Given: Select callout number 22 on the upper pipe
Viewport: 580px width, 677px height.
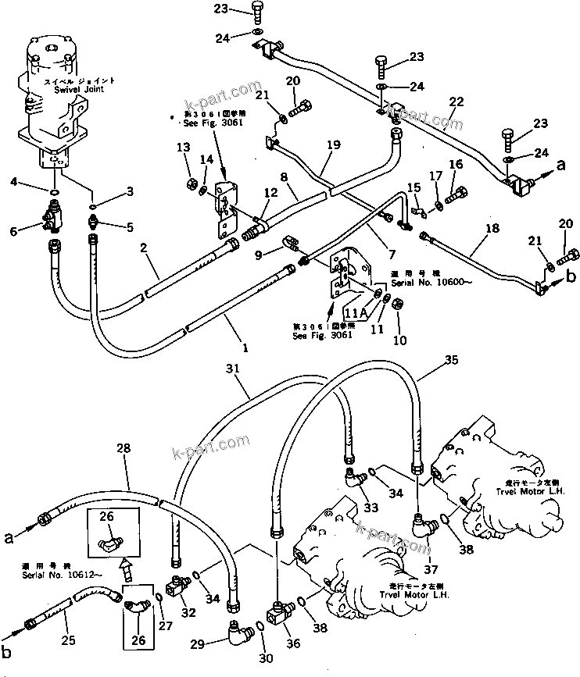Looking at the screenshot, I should pyautogui.click(x=456, y=101).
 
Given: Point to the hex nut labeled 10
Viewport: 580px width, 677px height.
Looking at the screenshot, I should pyautogui.click(x=397, y=303).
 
